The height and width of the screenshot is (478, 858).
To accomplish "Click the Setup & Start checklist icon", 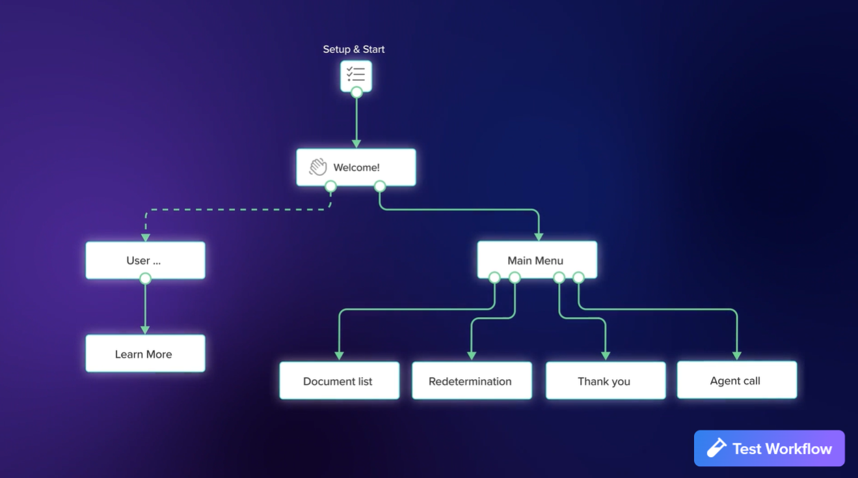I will pyautogui.click(x=356, y=75).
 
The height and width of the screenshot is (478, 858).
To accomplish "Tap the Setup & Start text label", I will pyautogui.click(x=354, y=49).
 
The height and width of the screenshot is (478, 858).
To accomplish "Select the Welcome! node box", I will pyautogui.click(x=356, y=167).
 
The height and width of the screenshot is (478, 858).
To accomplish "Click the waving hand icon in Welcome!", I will pyautogui.click(x=318, y=167).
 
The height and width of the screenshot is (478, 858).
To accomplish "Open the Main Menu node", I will pyautogui.click(x=537, y=260).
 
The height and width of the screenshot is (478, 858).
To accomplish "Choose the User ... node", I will pyautogui.click(x=145, y=260).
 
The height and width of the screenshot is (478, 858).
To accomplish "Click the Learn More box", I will pyautogui.click(x=145, y=354).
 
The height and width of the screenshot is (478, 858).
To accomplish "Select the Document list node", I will pyautogui.click(x=339, y=381).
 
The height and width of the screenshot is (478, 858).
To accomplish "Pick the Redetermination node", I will pyautogui.click(x=472, y=381).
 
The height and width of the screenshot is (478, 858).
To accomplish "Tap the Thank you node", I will pyautogui.click(x=605, y=381).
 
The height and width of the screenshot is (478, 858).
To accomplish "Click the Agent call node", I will pyautogui.click(x=736, y=380).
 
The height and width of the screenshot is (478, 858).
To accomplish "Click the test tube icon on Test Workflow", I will pyautogui.click(x=716, y=448).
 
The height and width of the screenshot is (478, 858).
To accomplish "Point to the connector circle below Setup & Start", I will pyautogui.click(x=356, y=92).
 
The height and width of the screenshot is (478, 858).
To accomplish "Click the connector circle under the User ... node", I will pyautogui.click(x=145, y=279).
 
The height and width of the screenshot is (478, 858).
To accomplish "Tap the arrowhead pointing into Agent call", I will pyautogui.click(x=737, y=356).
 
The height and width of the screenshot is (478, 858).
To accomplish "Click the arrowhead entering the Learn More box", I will pyautogui.click(x=145, y=330).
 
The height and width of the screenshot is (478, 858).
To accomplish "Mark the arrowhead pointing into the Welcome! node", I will pyautogui.click(x=356, y=143).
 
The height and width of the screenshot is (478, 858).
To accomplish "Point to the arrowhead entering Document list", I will pyautogui.click(x=339, y=356).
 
